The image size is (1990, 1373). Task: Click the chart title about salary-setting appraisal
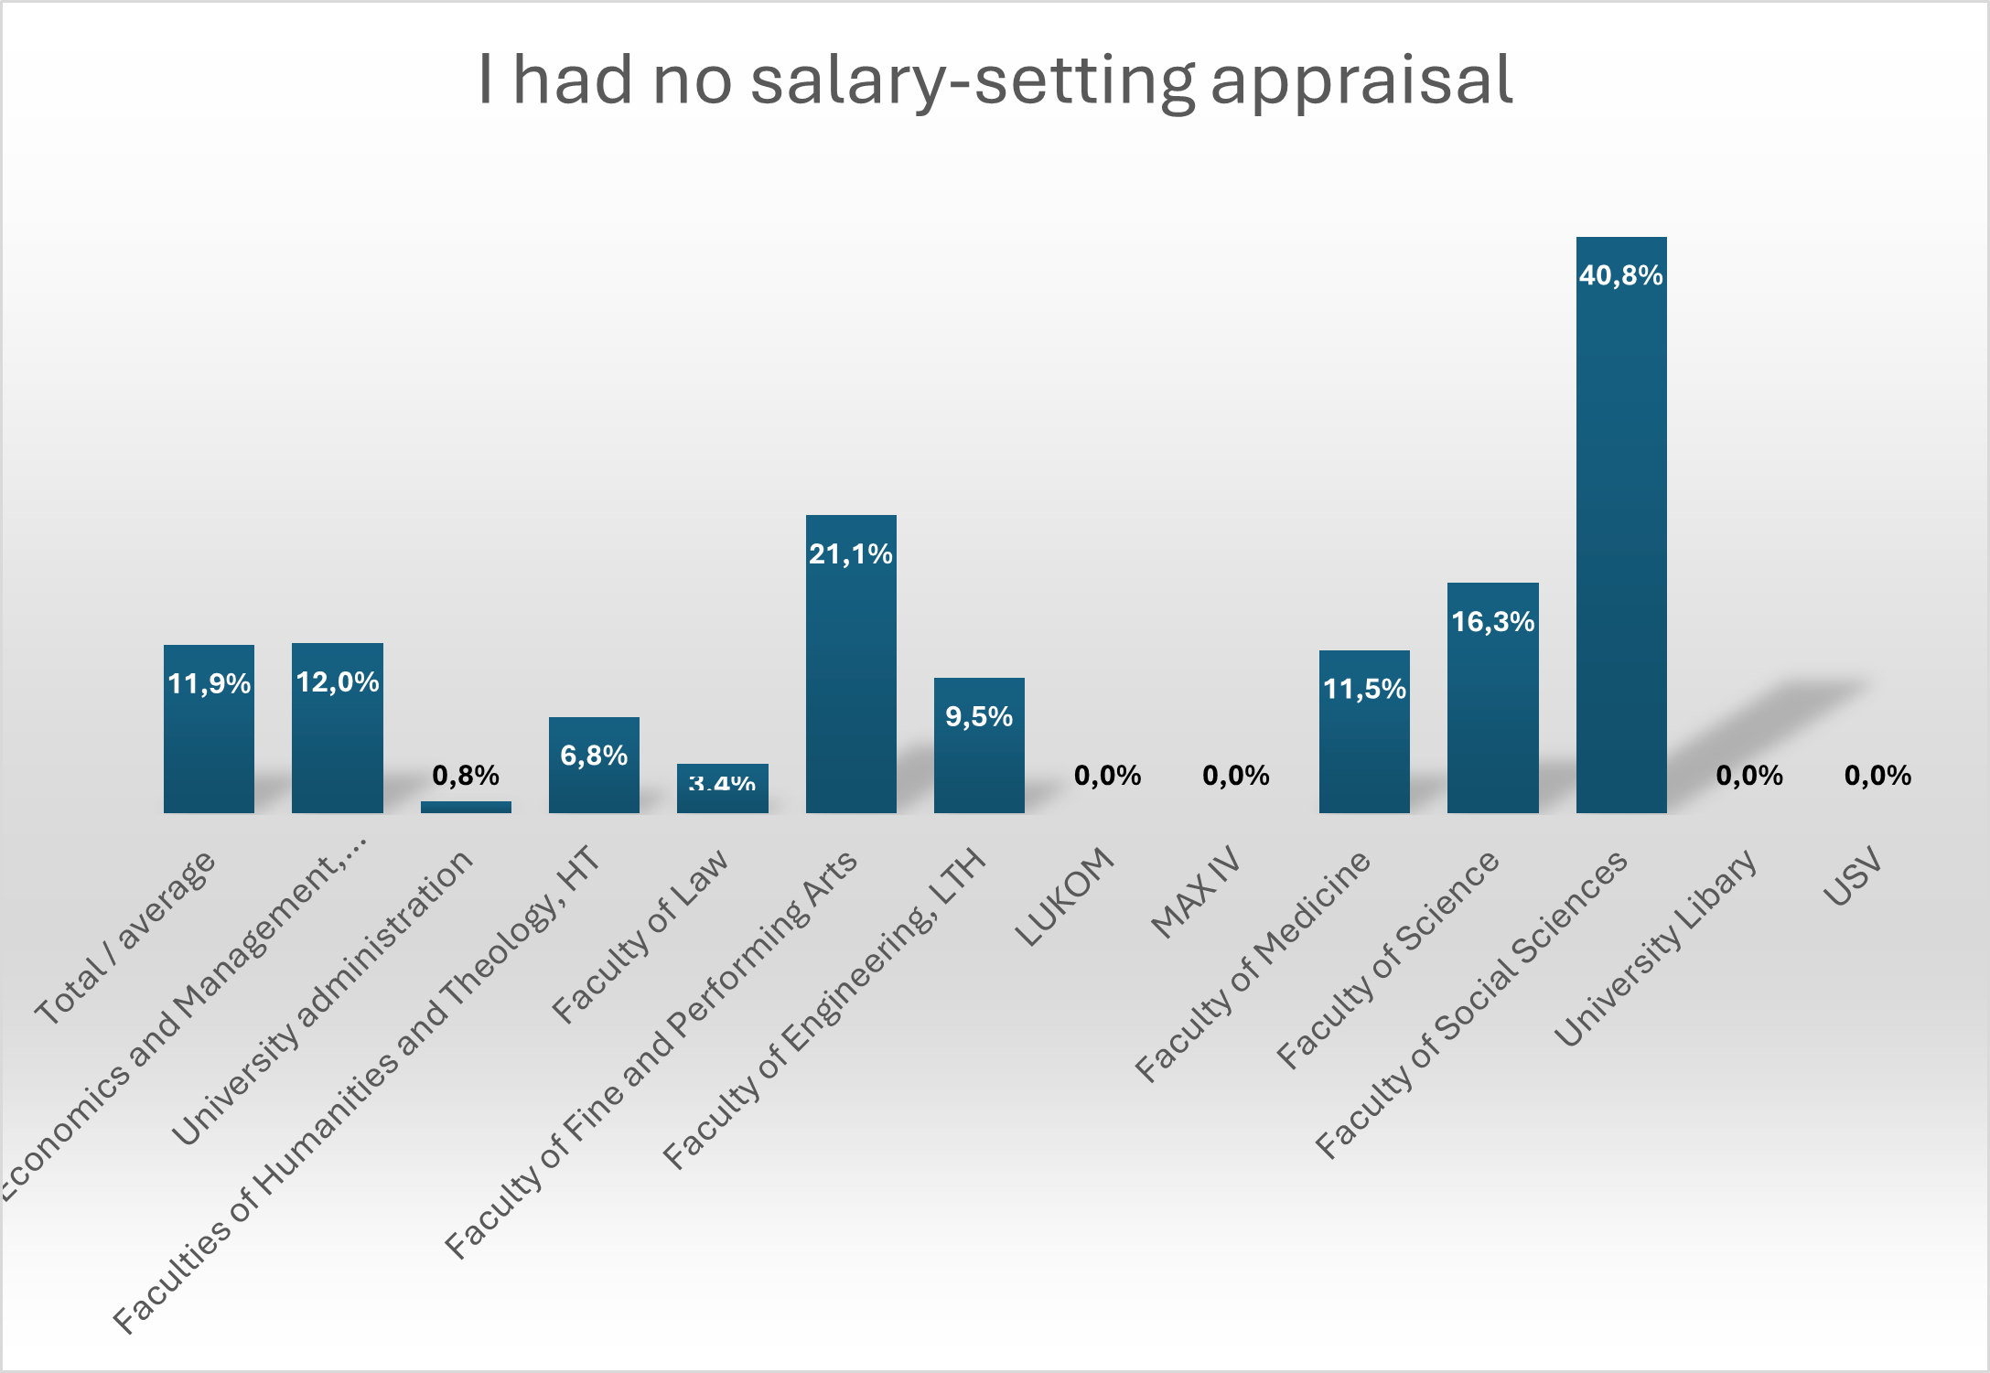coord(995,80)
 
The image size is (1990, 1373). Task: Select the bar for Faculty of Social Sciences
coord(1620,549)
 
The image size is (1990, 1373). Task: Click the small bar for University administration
coord(466,807)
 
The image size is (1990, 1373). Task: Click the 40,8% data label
coord(1620,275)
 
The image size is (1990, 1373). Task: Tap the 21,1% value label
coord(850,553)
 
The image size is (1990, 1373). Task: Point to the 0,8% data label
coord(466,776)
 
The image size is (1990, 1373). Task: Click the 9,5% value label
coord(979,716)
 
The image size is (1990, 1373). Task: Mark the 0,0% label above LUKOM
coord(1107,776)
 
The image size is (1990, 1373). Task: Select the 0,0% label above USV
coord(1877,776)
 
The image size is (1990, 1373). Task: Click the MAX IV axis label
coord(1196,892)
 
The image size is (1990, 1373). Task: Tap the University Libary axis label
coord(1656,947)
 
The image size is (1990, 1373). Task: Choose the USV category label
coord(1854,875)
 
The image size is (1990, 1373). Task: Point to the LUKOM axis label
coord(1065,896)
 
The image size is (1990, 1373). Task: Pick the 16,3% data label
coord(1492,622)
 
